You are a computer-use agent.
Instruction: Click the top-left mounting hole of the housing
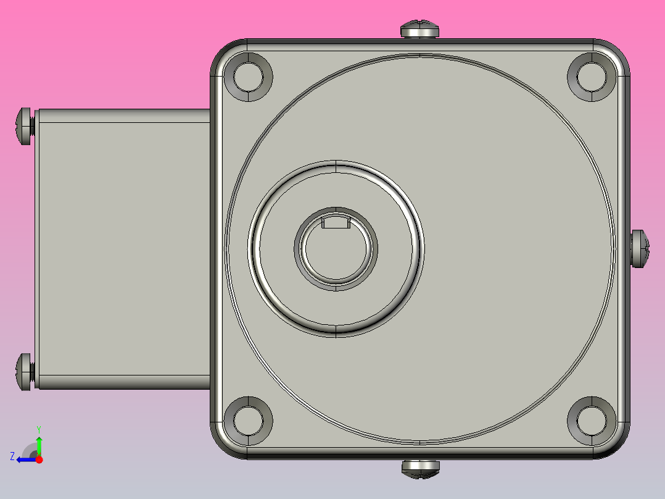(x=253, y=76)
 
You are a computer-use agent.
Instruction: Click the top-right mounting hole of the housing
(x=592, y=76)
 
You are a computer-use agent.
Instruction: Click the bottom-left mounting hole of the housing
(x=253, y=421)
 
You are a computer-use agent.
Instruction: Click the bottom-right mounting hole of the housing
(x=592, y=421)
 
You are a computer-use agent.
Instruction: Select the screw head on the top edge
(x=420, y=30)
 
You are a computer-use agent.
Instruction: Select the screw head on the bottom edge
(x=420, y=468)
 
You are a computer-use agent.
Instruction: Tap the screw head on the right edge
(x=640, y=248)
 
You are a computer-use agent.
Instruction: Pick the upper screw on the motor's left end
(x=24, y=126)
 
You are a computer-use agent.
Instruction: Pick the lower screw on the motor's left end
(x=24, y=372)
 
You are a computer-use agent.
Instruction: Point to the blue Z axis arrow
(x=25, y=459)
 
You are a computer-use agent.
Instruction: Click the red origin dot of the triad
(x=39, y=459)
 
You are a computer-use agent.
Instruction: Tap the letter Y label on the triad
(x=39, y=429)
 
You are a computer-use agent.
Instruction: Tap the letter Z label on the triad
(x=12, y=456)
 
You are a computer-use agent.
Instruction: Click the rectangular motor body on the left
(x=123, y=248)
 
